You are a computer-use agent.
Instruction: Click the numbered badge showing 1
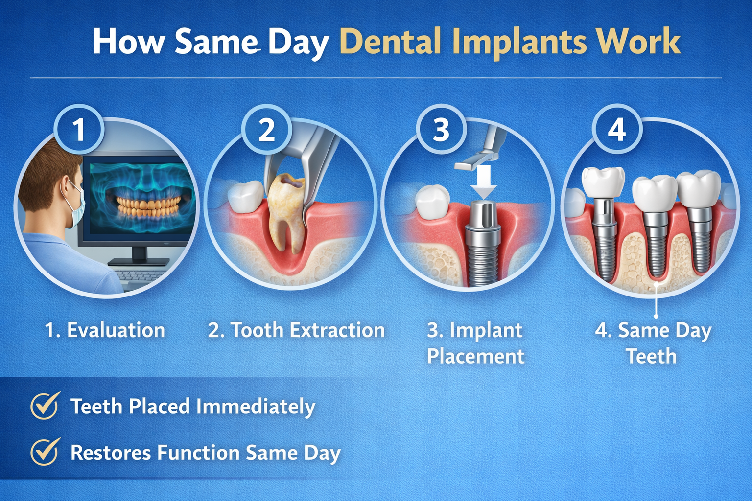tap(78, 130)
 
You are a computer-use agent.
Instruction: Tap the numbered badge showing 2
tap(266, 130)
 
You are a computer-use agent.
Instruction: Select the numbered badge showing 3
tap(441, 130)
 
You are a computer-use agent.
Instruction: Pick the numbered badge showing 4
tap(616, 130)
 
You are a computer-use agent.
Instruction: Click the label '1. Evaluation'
tap(105, 330)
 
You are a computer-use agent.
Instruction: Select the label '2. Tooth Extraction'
tap(296, 330)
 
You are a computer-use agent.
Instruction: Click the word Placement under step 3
tap(475, 356)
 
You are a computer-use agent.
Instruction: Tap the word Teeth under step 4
tap(651, 356)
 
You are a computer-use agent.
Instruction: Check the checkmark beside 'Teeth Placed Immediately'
tap(45, 406)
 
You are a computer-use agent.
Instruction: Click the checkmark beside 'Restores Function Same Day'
tap(45, 451)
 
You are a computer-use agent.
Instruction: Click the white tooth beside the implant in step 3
tap(432, 201)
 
